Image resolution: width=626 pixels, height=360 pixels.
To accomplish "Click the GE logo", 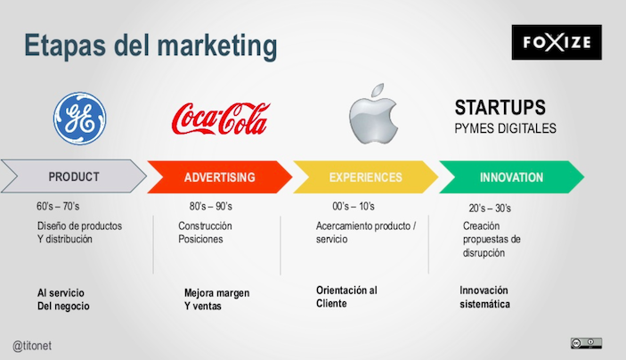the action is point(80,119).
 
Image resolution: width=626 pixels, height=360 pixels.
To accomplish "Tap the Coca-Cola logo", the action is point(221,119).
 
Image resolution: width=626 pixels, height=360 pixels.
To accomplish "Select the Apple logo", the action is point(373,114).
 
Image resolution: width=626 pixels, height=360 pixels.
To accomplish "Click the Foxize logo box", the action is point(557,43).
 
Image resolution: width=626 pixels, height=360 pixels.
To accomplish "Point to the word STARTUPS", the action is point(500,108).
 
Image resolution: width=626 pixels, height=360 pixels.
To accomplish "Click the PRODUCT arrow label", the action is point(74,176).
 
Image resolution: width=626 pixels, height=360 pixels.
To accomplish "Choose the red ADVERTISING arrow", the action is point(220,177).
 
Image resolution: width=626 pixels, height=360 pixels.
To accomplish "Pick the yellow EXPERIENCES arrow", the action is point(365,177).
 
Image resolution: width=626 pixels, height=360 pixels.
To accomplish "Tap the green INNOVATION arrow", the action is point(511,177).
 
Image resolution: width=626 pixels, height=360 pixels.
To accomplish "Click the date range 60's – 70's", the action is point(58,206).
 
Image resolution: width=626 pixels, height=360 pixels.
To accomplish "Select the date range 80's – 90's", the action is point(211,206).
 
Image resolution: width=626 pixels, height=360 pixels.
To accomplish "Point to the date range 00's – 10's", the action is point(354,206).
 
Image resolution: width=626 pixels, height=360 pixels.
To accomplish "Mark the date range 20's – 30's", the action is point(490,209).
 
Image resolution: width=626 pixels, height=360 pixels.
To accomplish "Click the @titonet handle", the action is point(32,346).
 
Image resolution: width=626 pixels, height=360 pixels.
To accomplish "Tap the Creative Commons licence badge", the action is point(586,343).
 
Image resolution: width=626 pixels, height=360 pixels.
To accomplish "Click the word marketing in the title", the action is point(217,46).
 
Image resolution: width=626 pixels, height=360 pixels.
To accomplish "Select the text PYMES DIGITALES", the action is point(505,128).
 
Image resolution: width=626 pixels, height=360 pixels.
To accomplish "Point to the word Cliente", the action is point(331,304).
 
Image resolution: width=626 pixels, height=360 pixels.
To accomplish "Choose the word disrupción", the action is point(484,253).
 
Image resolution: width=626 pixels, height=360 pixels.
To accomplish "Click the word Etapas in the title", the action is point(65,45).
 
